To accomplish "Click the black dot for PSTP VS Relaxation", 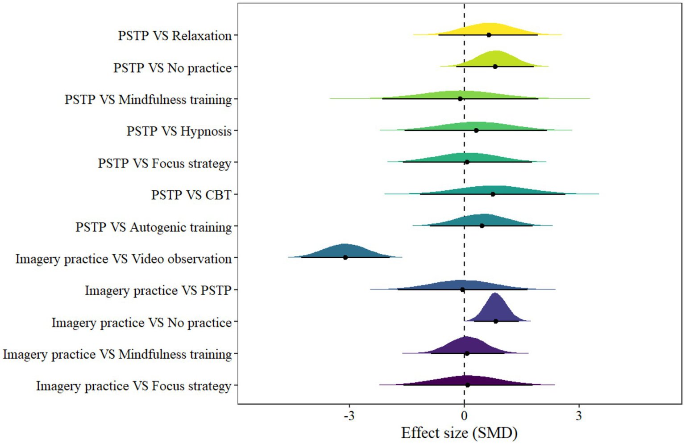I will (489, 35).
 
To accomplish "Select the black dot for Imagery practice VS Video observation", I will (345, 257).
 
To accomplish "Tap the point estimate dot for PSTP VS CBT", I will (493, 194).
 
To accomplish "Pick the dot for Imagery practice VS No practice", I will (496, 321).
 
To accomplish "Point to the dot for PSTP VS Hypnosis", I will (476, 130).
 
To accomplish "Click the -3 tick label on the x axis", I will (349, 416).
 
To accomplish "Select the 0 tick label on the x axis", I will (464, 416).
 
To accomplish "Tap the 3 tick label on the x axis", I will (579, 416).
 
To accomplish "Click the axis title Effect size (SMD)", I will (459, 433).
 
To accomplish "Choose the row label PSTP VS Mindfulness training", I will (148, 99).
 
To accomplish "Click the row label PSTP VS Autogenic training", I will (154, 227).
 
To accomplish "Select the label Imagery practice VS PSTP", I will (158, 290).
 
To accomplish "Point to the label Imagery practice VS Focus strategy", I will (133, 386).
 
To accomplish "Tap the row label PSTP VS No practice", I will (172, 68).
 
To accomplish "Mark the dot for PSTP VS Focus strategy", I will (467, 162).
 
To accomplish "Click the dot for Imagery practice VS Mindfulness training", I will (467, 353).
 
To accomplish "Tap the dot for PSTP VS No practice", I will (495, 67).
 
